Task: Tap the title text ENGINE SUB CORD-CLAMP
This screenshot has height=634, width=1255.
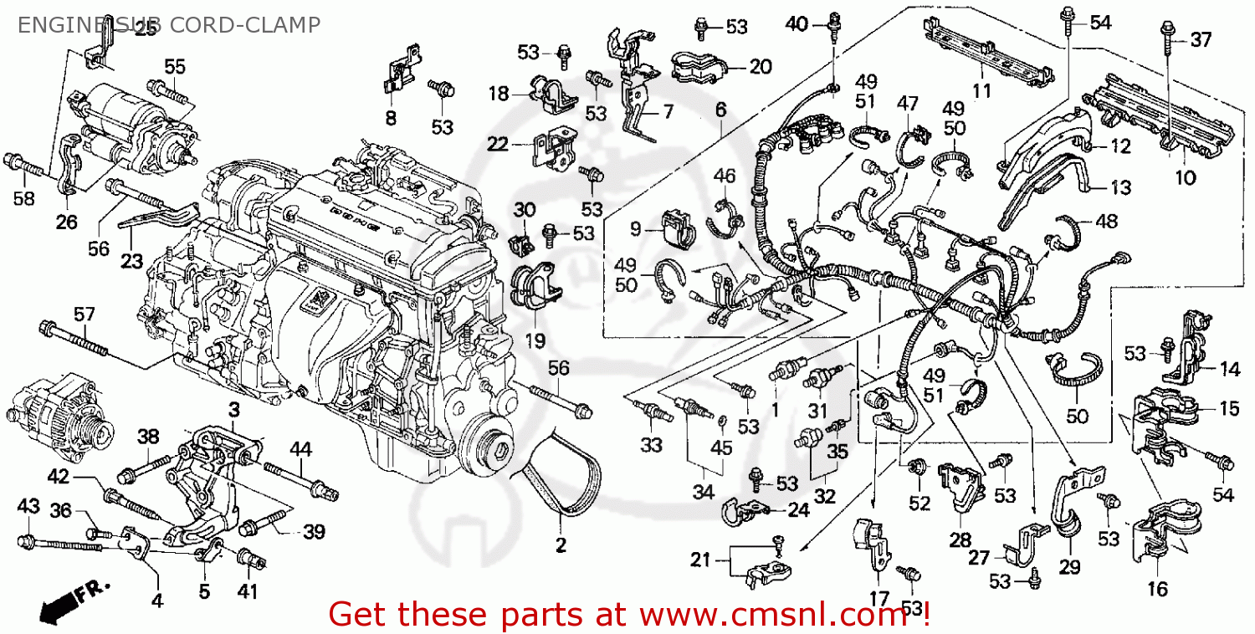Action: pyautogui.click(x=168, y=25)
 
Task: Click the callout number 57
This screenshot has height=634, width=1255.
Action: pyautogui.click(x=84, y=314)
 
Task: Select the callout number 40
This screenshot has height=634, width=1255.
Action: pyautogui.click(x=797, y=24)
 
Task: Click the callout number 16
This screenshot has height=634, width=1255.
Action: pyautogui.click(x=1157, y=589)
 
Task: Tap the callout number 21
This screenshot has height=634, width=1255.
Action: pyautogui.click(x=701, y=560)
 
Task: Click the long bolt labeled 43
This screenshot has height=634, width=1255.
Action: pyautogui.click(x=63, y=545)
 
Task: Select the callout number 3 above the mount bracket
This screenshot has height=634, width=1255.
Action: pyautogui.click(x=234, y=409)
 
